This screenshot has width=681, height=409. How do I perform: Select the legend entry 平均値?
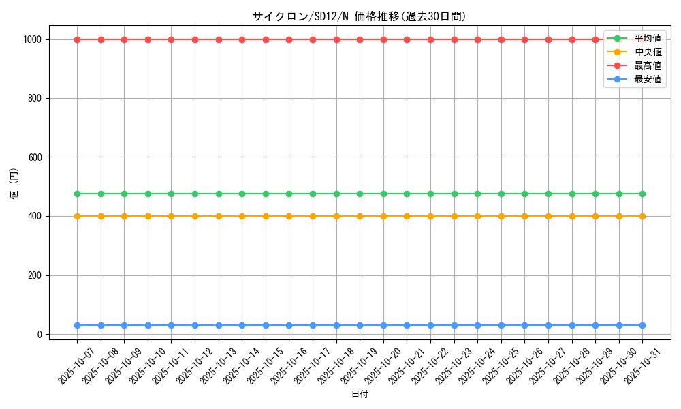pos(647,38)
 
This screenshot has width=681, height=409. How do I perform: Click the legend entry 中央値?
pos(647,52)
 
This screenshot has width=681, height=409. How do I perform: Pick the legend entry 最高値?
pos(647,65)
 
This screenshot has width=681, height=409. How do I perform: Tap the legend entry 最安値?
pos(647,79)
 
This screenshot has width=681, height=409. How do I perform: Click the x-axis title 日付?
pos(360,395)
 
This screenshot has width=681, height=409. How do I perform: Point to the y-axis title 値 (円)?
pos(14,187)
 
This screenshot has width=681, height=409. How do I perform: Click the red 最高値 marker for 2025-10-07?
pos(78,40)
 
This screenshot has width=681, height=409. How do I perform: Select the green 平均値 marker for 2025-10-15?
pos(266,194)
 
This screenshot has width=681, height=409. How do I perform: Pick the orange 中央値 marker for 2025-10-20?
pos(383,216)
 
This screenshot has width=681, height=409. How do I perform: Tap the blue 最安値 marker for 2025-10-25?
pos(501,325)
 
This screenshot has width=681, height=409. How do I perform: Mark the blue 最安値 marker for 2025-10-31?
pos(642,325)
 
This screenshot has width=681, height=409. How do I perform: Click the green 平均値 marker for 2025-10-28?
pos(572,194)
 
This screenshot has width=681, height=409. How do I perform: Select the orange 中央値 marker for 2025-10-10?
pos(148,216)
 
